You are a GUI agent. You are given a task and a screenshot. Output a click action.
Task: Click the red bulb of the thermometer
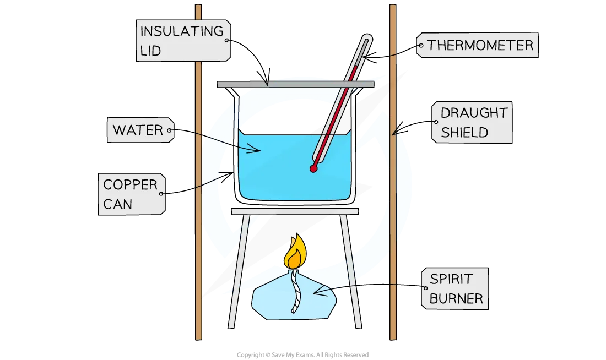coord(313,168)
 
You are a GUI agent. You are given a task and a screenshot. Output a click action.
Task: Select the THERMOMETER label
coord(477,45)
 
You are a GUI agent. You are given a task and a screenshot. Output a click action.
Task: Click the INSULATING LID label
coord(183,41)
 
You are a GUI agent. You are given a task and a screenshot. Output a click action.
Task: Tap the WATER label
coord(140,130)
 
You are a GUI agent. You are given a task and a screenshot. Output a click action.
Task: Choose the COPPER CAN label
coord(132,194)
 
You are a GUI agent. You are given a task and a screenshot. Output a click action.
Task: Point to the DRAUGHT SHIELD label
coord(472,122)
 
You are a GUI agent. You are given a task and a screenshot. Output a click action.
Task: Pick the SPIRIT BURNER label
coord(455,288)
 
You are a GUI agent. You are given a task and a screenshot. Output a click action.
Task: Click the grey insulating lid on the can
coord(295,84)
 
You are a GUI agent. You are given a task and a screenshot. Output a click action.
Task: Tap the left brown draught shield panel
coord(198,172)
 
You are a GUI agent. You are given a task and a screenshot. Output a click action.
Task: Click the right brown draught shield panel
coord(393,172)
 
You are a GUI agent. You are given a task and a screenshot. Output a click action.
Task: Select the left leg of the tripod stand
coord(239,271)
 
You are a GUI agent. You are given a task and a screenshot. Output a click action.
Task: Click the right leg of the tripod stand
coord(351,271)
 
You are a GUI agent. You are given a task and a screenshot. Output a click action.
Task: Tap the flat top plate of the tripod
coord(295,211)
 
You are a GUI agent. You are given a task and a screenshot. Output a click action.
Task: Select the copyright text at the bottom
coord(302,355)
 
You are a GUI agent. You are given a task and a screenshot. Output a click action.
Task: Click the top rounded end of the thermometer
coord(367,37)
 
